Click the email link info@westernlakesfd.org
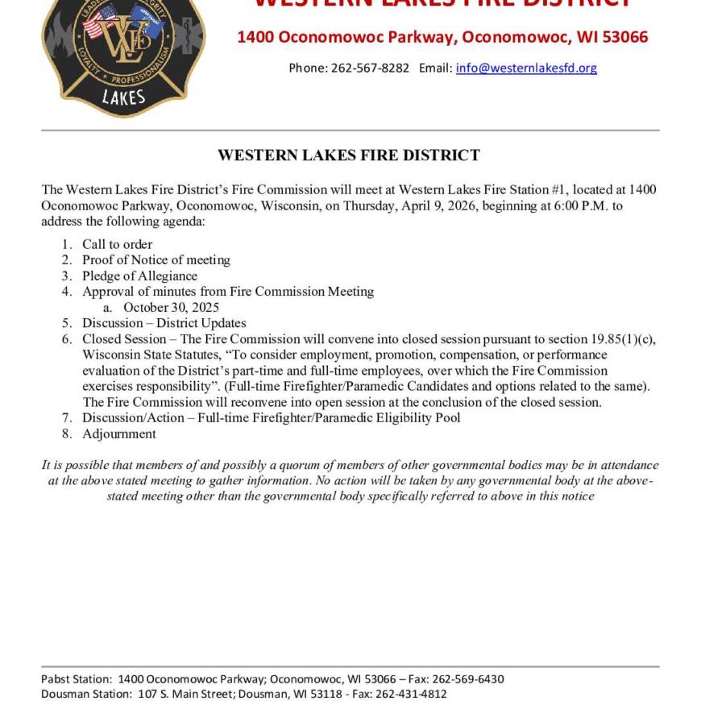[526, 68]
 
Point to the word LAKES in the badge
[123, 98]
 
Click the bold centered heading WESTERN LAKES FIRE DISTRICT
[349, 155]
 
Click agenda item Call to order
[117, 244]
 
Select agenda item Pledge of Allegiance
[139, 276]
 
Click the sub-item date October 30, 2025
[171, 307]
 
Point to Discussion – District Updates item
[164, 323]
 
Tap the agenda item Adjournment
[118, 433]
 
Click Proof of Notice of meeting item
[156, 259]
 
